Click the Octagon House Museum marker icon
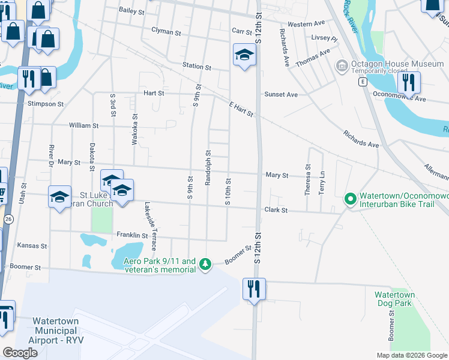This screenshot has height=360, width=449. (x=342, y=64)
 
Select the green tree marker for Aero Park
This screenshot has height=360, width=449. (x=205, y=264)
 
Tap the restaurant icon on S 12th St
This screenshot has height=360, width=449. (x=255, y=289)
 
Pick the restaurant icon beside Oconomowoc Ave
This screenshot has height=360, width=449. (x=409, y=82)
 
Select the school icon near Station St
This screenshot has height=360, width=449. (x=244, y=55)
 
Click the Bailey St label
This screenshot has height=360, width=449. (x=131, y=11)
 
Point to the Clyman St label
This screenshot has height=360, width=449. (x=166, y=31)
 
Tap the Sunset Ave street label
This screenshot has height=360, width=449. (x=282, y=95)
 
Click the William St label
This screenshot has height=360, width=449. (x=83, y=126)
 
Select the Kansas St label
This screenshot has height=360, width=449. (x=32, y=246)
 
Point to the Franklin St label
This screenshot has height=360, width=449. (x=132, y=236)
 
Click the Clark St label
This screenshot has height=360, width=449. (x=277, y=211)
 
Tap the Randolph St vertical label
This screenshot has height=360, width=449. (x=208, y=167)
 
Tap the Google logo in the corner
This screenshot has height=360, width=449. (x=20, y=353)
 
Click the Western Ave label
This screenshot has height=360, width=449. (x=306, y=24)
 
